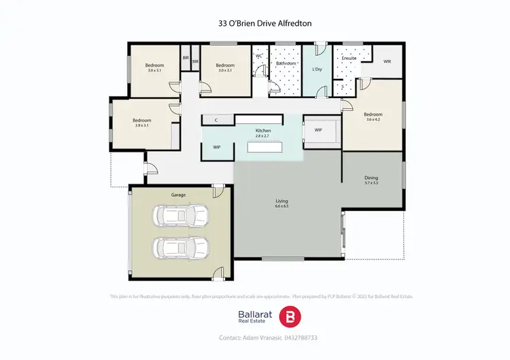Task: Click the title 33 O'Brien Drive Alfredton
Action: (255, 22)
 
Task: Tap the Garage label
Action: (179, 195)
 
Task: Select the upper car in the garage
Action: (181, 216)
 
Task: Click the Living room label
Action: (282, 201)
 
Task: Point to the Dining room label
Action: (371, 178)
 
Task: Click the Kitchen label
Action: (263, 130)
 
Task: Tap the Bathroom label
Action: (286, 63)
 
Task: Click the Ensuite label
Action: (349, 59)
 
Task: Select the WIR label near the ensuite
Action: (388, 62)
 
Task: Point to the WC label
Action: (259, 56)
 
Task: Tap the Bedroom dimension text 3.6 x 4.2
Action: (372, 120)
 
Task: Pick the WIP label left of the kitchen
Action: (217, 146)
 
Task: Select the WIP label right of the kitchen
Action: (318, 130)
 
